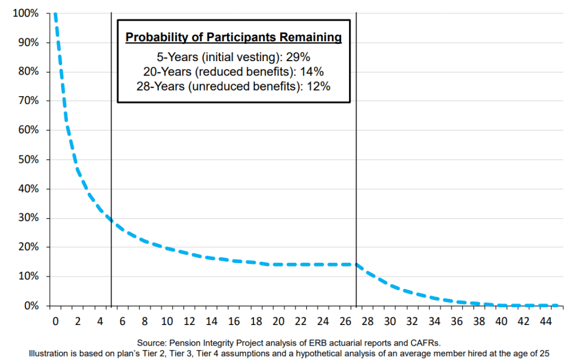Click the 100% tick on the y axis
(25, 13)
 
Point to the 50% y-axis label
(27, 159)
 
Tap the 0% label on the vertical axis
(29, 306)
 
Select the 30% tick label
(27, 218)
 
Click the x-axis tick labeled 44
(546, 321)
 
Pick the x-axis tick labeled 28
(367, 321)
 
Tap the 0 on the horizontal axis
(55, 321)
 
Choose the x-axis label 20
(278, 321)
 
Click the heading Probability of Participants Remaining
(233, 38)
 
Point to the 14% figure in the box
(312, 71)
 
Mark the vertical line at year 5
(111, 167)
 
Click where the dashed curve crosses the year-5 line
(111, 221)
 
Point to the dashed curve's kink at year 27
(356, 264)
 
